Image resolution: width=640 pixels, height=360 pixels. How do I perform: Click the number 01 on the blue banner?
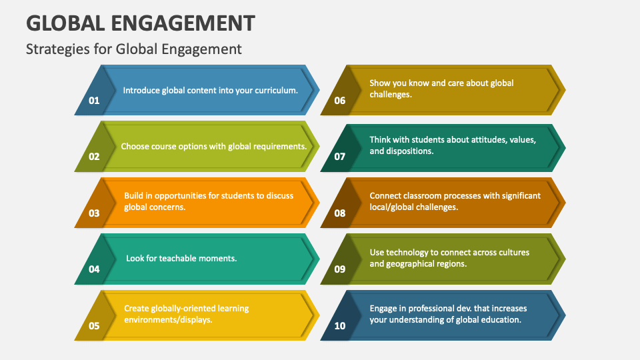pyautogui.click(x=94, y=101)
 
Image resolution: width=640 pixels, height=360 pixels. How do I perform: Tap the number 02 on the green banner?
pyautogui.click(x=94, y=157)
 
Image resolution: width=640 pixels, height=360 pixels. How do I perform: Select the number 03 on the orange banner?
pyautogui.click(x=94, y=213)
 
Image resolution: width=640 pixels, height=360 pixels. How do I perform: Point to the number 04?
pyautogui.click(x=94, y=269)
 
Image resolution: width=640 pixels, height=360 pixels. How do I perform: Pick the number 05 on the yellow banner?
pyautogui.click(x=94, y=326)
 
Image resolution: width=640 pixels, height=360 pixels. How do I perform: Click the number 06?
pyautogui.click(x=340, y=101)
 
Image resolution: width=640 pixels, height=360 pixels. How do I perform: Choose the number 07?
pyautogui.click(x=340, y=157)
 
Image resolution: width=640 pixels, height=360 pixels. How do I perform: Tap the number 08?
pyautogui.click(x=340, y=213)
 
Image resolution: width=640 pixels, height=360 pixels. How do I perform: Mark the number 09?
pyautogui.click(x=340, y=269)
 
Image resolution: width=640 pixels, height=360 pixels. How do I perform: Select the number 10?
pyautogui.click(x=340, y=326)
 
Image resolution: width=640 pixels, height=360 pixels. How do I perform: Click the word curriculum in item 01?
pyautogui.click(x=276, y=90)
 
